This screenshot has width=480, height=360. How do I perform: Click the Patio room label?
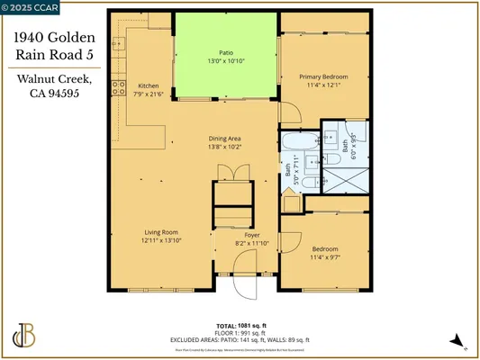[226, 52]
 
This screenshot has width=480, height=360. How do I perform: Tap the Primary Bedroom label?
[323, 77]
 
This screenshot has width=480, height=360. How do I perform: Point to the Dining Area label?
[226, 138]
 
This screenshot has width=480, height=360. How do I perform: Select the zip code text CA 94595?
[52, 93]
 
